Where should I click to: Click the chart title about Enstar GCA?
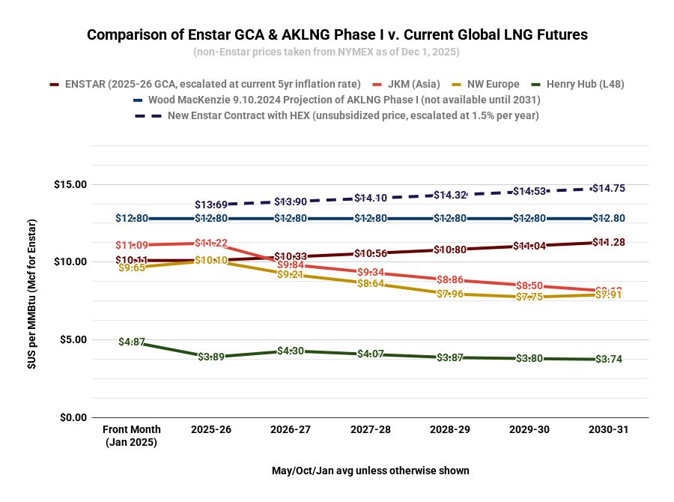337,34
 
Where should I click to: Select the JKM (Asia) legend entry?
413,84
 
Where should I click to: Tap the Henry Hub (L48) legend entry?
585,84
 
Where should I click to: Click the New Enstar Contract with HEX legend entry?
353,115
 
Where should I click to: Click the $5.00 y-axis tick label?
73,339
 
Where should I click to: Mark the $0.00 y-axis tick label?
73,417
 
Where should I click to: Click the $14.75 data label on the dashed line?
607,189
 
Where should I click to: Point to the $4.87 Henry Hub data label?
132,342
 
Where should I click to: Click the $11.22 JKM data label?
211,244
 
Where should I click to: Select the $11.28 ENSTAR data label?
607,242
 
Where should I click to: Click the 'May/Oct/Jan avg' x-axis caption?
371,471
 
